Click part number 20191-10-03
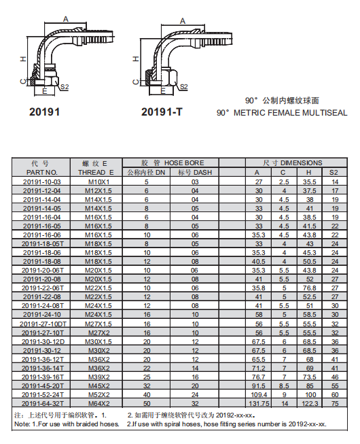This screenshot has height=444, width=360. pyautogui.click(x=42, y=182)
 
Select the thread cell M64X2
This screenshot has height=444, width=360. pyautogui.click(x=98, y=403)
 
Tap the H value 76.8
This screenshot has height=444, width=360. pyautogui.click(x=309, y=288)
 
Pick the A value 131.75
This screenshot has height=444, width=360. pyautogui.click(x=259, y=403)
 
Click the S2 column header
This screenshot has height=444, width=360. pyautogui.click(x=334, y=173)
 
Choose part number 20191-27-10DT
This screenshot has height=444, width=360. pyautogui.click(x=43, y=324)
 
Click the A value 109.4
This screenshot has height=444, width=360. pyautogui.click(x=259, y=395)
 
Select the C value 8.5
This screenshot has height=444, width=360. pyautogui.click(x=284, y=386)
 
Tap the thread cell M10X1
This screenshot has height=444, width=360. pyautogui.click(x=98, y=182)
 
